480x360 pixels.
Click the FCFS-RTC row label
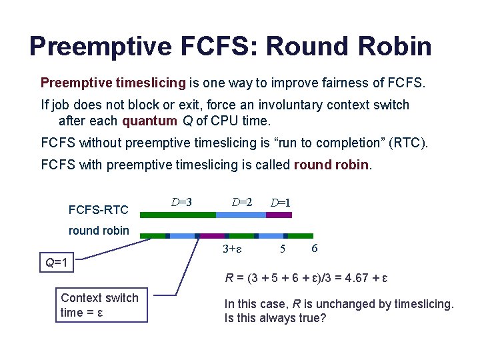(x=98, y=210)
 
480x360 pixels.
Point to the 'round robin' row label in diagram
(x=99, y=231)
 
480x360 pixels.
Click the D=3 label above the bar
(x=181, y=201)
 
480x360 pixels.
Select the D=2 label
(x=242, y=201)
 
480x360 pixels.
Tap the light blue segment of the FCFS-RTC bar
(x=241, y=215)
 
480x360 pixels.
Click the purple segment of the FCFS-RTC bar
(x=279, y=215)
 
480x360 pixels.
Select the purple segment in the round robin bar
(x=213, y=235)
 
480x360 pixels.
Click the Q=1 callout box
(x=56, y=263)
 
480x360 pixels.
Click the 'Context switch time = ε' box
(x=99, y=305)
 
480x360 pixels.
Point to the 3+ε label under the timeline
(x=231, y=249)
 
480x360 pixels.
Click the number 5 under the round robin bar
(x=283, y=249)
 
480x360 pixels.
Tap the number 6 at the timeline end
(x=314, y=249)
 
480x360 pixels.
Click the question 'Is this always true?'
(x=275, y=318)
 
